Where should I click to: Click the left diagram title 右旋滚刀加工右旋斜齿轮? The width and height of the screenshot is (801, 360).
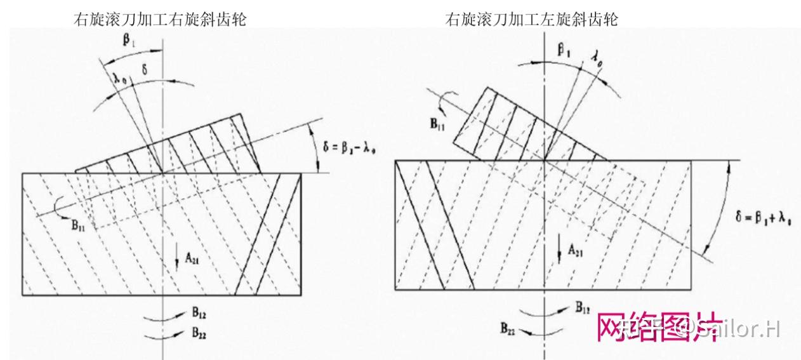(160, 20)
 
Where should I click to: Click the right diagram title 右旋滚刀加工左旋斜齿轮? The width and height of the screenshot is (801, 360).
(532, 20)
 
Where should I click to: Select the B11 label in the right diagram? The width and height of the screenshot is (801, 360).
(437, 124)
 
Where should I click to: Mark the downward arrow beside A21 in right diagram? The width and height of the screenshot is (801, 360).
(560, 246)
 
